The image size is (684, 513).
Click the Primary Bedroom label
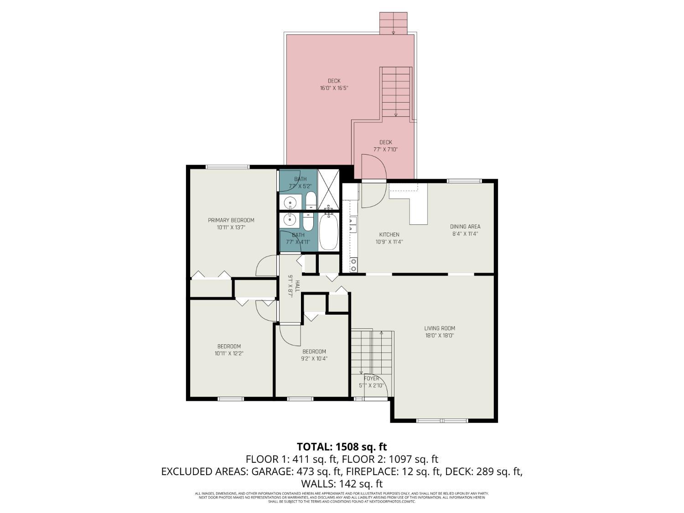click(231, 220)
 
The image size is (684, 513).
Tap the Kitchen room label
click(389, 234)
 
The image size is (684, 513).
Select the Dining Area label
click(465, 227)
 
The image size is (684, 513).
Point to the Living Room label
click(440, 328)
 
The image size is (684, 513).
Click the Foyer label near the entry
click(372, 378)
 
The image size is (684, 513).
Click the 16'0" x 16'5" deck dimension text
click(334, 88)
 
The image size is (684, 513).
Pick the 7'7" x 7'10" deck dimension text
click(385, 150)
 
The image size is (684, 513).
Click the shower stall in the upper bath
click(328, 189)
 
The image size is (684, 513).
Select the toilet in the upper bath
click(311, 200)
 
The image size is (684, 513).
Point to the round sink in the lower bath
click(290, 220)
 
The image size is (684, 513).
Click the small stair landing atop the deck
click(393, 23)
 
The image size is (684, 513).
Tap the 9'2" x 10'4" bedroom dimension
click(314, 358)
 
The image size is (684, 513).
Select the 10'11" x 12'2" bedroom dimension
click(229, 353)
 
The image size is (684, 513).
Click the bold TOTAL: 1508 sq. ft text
click(342, 446)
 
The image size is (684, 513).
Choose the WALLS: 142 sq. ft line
click(342, 484)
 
